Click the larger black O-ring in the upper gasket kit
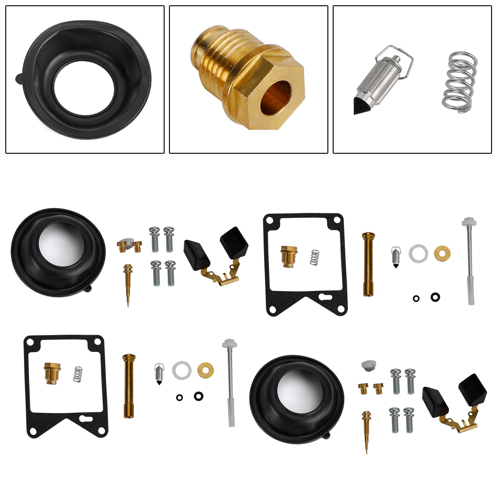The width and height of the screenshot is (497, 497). point(435,297)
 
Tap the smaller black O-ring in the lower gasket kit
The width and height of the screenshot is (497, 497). point(179,397)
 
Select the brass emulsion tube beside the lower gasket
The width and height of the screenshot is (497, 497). point(128,385)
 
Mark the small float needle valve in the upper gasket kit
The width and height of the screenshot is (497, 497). point(395,257)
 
